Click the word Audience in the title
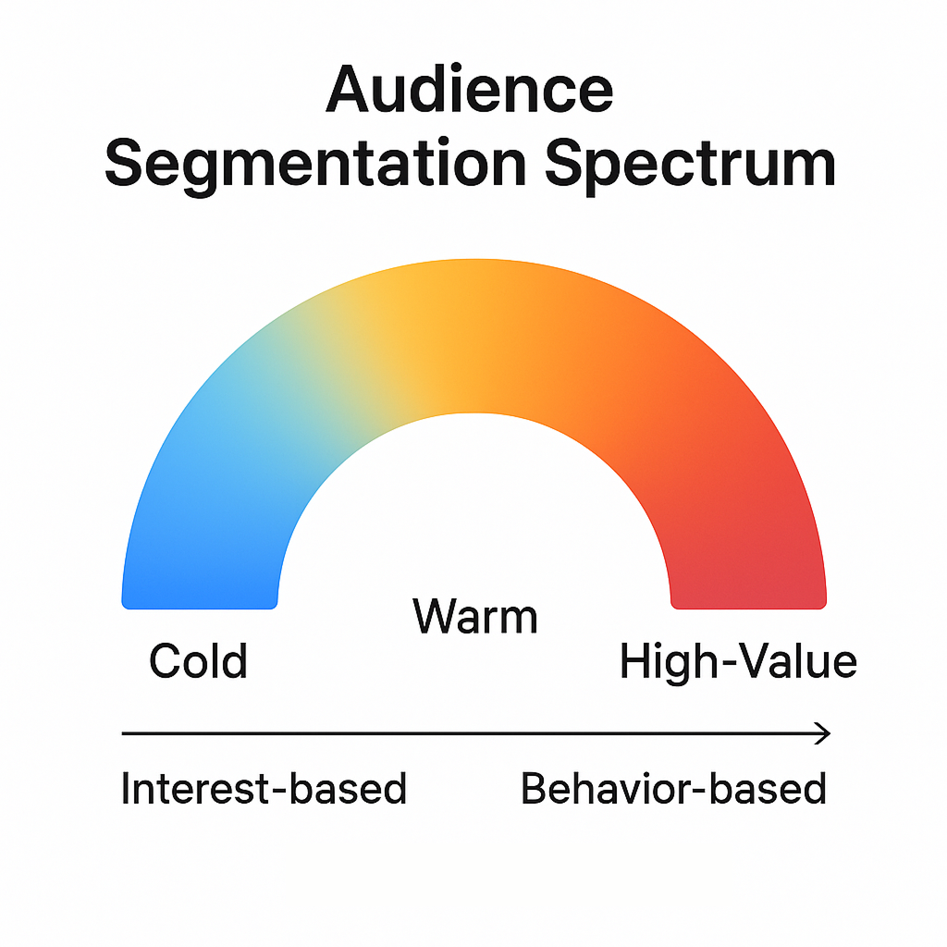coord(470,91)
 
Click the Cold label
coord(198,661)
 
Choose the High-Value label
coord(738,661)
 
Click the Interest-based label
coord(264,789)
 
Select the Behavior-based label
coord(673,789)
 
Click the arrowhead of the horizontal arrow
coord(823,734)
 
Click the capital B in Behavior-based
coord(535,789)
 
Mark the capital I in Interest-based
coord(126,789)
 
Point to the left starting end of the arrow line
coord(125,734)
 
